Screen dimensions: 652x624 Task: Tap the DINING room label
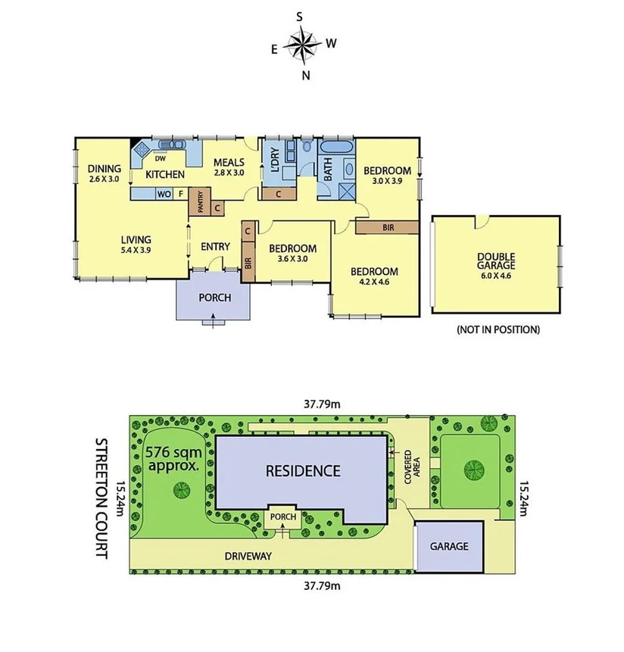click(100, 169)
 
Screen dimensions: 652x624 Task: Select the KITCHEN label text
click(165, 175)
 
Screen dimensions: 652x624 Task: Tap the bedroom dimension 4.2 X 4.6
click(373, 283)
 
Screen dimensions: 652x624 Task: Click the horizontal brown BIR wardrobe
click(387, 226)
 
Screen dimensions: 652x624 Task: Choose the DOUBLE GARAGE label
click(496, 261)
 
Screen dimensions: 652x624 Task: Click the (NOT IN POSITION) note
click(498, 329)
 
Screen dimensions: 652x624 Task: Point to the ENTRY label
click(215, 246)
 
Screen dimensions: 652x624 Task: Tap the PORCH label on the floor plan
click(214, 298)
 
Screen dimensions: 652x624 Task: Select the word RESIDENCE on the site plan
click(302, 470)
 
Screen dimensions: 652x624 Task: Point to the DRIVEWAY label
click(248, 555)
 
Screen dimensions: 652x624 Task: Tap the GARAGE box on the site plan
click(449, 547)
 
